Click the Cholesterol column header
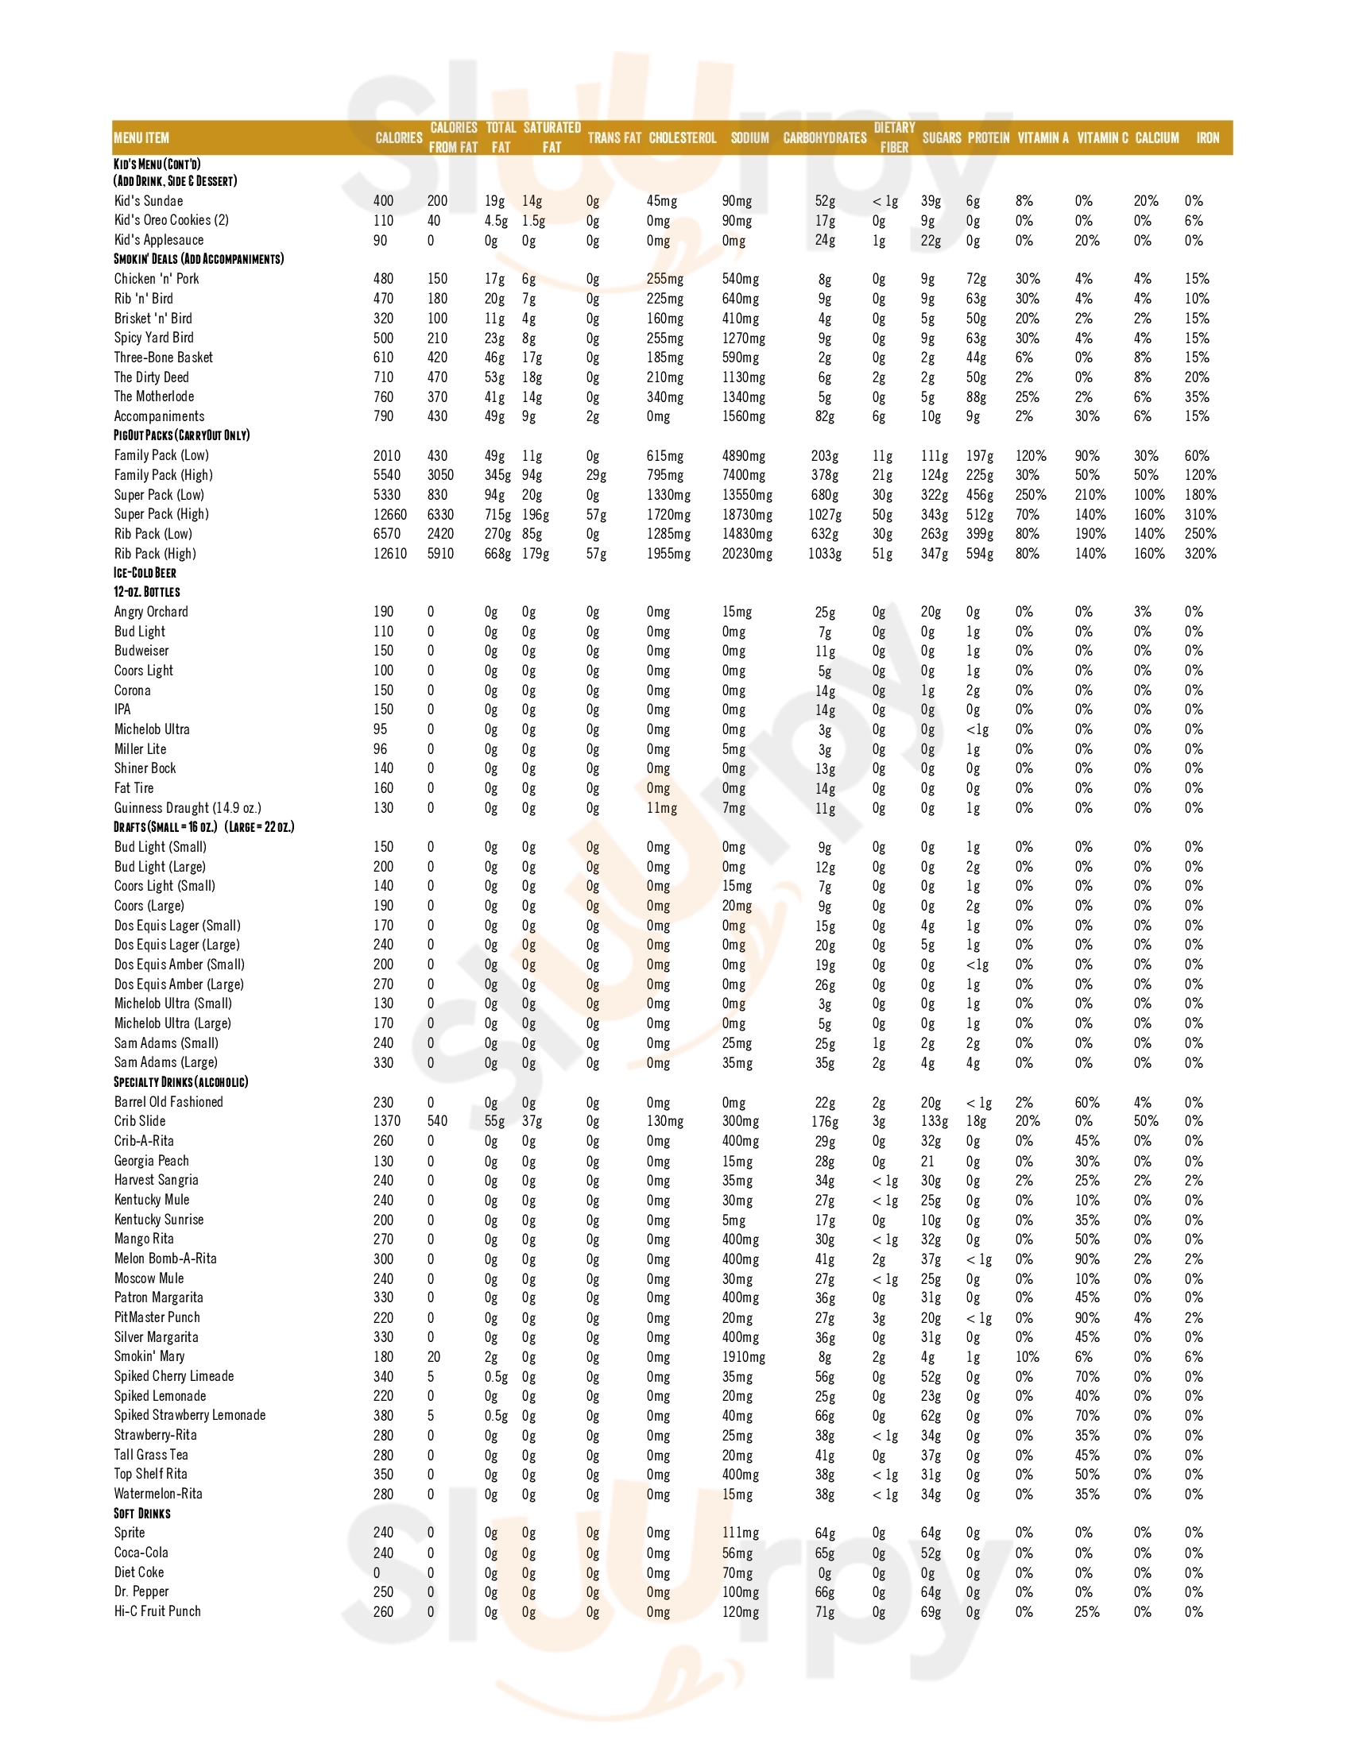point(682,137)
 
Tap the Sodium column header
point(749,137)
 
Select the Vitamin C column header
point(1102,137)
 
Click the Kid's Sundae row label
point(148,201)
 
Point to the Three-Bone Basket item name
point(163,358)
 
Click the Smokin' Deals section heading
point(199,259)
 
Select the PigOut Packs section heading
point(182,435)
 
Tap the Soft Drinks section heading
point(141,1514)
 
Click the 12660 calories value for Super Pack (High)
point(389,515)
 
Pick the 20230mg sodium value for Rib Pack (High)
point(747,554)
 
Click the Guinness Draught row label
point(188,808)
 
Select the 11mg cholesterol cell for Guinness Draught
point(661,808)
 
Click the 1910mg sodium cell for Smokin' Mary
point(744,1357)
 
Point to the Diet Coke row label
point(138,1572)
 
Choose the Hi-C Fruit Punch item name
point(157,1612)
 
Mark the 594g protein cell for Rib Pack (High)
point(980,554)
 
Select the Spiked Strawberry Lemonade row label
point(190,1416)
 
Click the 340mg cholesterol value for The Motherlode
point(664,397)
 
